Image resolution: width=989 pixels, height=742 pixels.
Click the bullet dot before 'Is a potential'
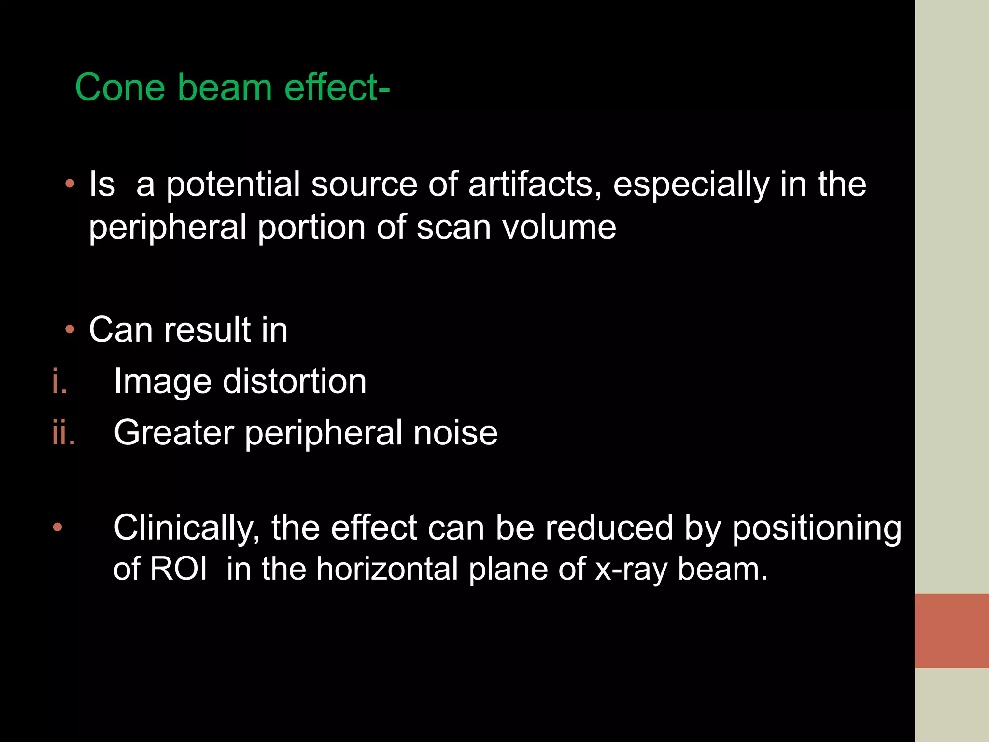click(70, 184)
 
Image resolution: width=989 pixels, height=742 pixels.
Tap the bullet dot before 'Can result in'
click(70, 330)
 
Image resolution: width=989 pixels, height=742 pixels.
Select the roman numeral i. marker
click(59, 381)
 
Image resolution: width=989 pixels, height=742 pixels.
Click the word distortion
click(295, 381)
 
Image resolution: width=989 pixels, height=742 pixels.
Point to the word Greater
click(174, 432)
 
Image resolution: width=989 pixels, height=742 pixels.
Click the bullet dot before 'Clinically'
click(57, 527)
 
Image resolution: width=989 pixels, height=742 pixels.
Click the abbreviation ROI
click(178, 569)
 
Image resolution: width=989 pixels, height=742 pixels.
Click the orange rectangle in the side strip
click(951, 630)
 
